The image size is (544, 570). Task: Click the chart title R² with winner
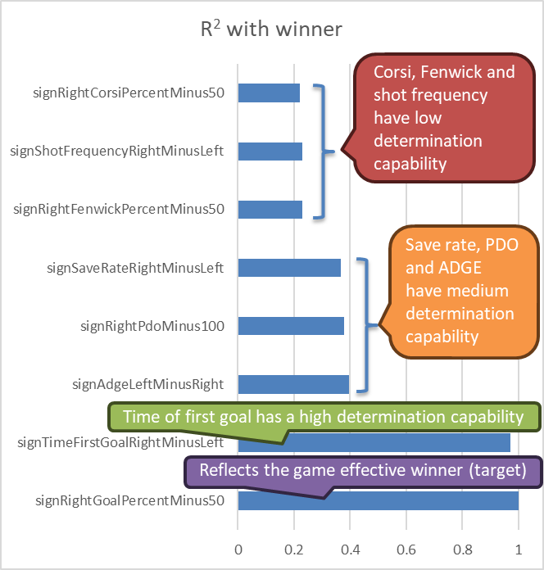271,30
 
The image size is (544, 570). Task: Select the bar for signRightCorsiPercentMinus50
269,93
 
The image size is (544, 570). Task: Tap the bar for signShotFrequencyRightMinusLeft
270,151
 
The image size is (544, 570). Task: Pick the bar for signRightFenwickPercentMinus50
270,209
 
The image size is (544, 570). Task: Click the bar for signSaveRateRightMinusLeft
289,268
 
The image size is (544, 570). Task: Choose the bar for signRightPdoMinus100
291,326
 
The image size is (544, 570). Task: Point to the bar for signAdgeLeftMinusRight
293,384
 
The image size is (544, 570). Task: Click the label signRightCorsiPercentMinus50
120,93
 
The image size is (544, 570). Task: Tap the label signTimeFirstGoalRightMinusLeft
120,443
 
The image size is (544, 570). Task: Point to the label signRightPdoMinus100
152,326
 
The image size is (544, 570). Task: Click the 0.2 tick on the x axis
294,550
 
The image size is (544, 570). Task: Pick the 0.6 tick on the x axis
406,550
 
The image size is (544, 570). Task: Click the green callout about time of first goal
323,417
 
